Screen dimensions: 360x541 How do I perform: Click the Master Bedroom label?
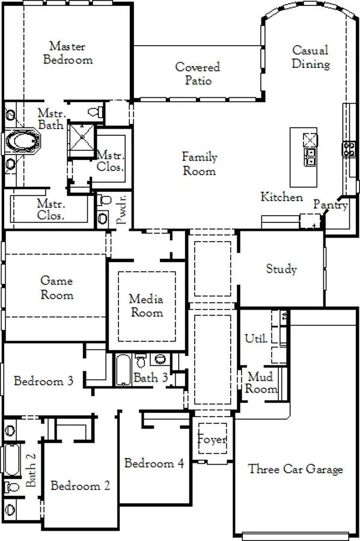[68, 53]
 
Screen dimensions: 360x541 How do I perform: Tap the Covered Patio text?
[198, 73]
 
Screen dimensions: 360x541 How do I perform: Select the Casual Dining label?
[311, 57]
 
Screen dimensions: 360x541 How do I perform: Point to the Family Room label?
[200, 164]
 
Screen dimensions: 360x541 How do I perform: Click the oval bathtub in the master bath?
[22, 141]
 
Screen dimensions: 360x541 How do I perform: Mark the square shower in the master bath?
[82, 137]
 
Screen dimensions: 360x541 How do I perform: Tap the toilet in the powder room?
[104, 199]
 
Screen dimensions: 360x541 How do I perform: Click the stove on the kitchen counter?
[349, 148]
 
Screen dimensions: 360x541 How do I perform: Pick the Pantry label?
[331, 204]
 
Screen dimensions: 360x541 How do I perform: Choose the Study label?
[281, 269]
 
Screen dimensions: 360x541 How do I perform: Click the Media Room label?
[147, 305]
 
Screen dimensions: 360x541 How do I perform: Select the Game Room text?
[57, 287]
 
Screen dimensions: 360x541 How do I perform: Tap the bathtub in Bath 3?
[123, 370]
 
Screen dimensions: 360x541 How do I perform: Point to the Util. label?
[256, 338]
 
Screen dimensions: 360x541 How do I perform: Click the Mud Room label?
[261, 383]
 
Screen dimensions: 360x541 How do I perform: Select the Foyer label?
[212, 439]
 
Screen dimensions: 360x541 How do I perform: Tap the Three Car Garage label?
[296, 469]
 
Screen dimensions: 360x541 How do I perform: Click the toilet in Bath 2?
[12, 487]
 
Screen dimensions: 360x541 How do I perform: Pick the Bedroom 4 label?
[154, 463]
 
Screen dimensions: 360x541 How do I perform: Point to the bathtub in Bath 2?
[11, 460]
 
